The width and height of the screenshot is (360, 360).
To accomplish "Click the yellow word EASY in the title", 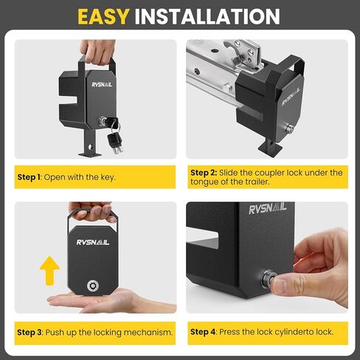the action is pyautogui.click(x=103, y=16).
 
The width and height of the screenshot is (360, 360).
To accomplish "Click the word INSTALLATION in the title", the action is pyautogui.click(x=207, y=16).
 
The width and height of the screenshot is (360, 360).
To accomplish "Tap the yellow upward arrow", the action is pyautogui.click(x=49, y=271).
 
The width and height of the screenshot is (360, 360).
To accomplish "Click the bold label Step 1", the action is pyautogui.click(x=29, y=177).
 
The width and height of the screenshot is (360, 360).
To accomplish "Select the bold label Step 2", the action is pyautogui.click(x=204, y=173).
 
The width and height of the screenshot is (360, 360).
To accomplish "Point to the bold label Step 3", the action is pyautogui.click(x=30, y=332).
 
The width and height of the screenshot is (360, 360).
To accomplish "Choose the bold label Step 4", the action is pyautogui.click(x=203, y=332).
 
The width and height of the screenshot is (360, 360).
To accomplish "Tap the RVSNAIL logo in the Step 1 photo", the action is pyautogui.click(x=102, y=85).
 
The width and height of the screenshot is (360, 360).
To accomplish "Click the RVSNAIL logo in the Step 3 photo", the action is pyautogui.click(x=93, y=243).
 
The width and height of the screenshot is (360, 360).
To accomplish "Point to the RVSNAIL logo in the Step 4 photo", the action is pyautogui.click(x=268, y=209).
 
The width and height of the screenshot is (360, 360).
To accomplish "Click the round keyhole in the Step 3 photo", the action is pyautogui.click(x=93, y=285).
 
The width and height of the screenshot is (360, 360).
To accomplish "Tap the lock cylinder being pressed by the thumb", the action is pyautogui.click(x=268, y=279).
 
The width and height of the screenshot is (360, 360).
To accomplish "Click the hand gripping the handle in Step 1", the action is pyautogui.click(x=98, y=52).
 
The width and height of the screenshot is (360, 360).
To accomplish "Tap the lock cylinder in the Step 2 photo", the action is pyautogui.click(x=290, y=128).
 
